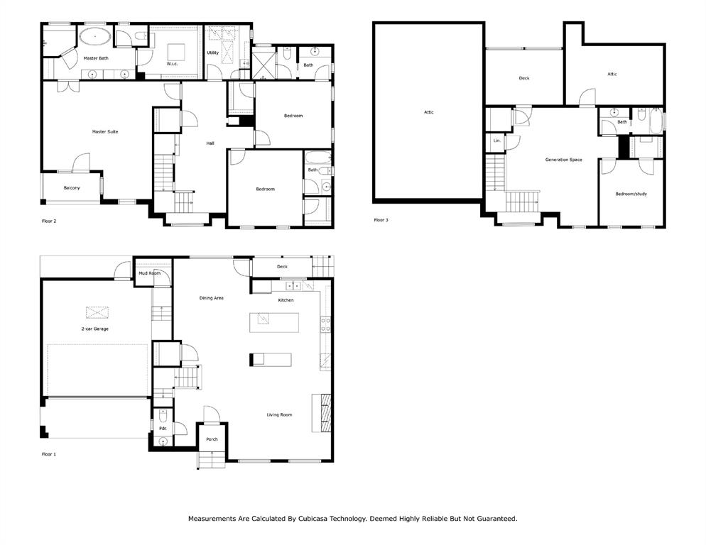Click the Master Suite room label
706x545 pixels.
(105, 132)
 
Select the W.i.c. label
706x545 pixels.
(173, 64)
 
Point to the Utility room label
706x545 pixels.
(212, 53)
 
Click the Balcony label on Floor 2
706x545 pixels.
(72, 187)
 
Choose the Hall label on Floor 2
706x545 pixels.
(210, 143)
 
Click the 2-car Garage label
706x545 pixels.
(95, 329)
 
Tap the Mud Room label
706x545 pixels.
(149, 273)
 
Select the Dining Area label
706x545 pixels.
(211, 298)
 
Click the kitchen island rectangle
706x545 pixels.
(274, 323)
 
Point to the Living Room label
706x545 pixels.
(279, 415)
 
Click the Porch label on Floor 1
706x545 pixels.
(212, 439)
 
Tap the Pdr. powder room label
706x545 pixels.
(163, 429)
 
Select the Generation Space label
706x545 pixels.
(563, 160)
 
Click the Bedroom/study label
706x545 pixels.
(631, 194)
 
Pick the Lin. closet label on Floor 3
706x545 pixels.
(496, 141)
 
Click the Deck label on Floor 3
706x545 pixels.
(524, 78)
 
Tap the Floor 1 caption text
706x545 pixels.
(48, 455)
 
